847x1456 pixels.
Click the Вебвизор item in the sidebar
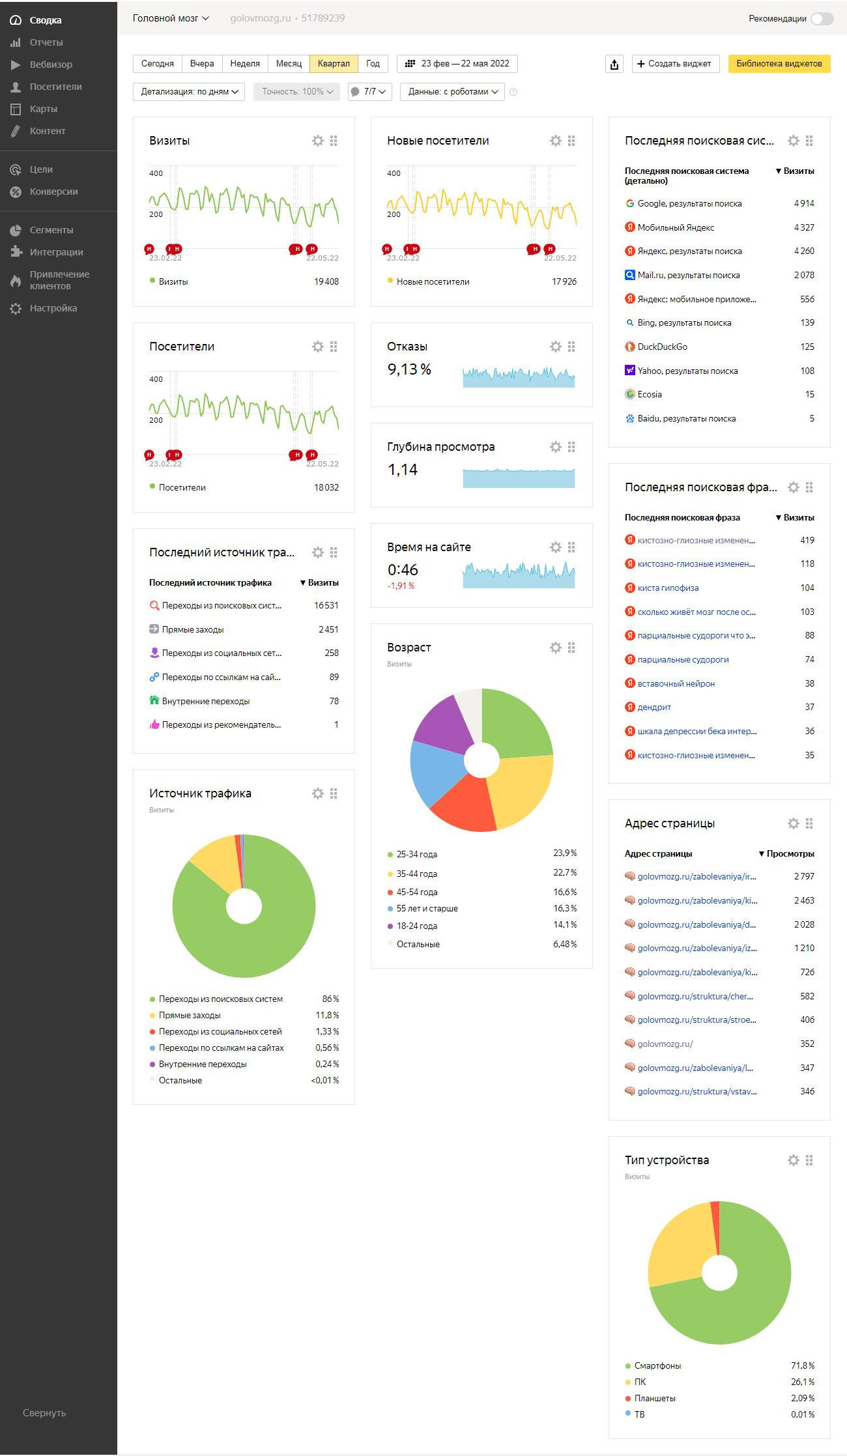coord(51,64)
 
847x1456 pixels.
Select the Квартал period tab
coord(334,64)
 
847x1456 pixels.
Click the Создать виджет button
coord(675,64)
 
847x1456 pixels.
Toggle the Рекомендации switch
coord(822,19)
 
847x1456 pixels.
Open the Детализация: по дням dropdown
coord(188,92)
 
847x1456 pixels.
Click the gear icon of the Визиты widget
coord(318,141)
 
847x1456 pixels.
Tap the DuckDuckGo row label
coord(662,347)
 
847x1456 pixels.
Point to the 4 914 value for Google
coord(804,203)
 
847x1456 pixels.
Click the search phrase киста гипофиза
coord(668,588)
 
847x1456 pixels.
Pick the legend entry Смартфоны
coord(657,1365)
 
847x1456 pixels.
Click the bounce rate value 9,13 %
coord(409,369)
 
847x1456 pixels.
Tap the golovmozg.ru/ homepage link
coord(665,1044)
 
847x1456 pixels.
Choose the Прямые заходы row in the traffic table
coord(193,629)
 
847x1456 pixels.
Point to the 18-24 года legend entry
coord(416,926)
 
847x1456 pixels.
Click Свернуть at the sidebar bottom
coord(44,1413)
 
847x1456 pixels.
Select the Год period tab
coord(373,64)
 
